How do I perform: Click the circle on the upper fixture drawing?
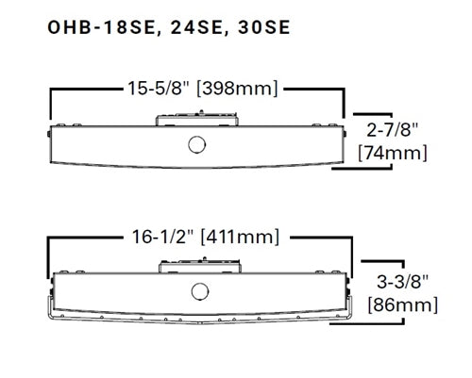click(x=197, y=145)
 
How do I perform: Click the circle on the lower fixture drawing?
click(x=198, y=290)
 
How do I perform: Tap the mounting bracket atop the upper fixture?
click(x=197, y=117)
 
